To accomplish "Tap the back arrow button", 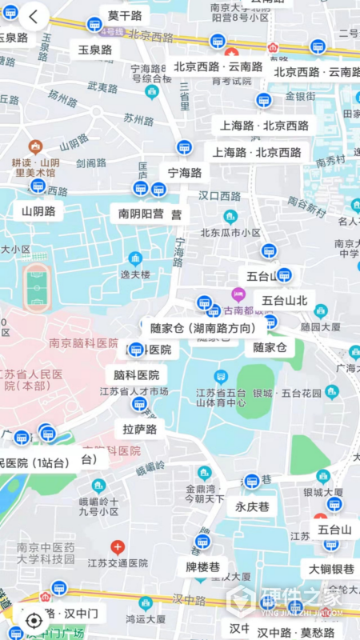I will point(34,16).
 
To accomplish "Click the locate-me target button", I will point(34,619).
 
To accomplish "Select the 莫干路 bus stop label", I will point(125,16).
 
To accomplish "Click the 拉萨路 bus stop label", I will point(139,430).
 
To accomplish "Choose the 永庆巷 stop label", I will point(252,506).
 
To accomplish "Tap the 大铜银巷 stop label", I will point(331,569).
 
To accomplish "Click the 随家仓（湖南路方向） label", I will point(203,327).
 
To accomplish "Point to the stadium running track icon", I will point(36,284).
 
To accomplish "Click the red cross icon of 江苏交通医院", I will point(118,548).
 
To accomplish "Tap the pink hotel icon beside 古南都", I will point(238,294).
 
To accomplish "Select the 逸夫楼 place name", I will point(135,274).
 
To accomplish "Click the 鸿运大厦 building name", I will point(145,618).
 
